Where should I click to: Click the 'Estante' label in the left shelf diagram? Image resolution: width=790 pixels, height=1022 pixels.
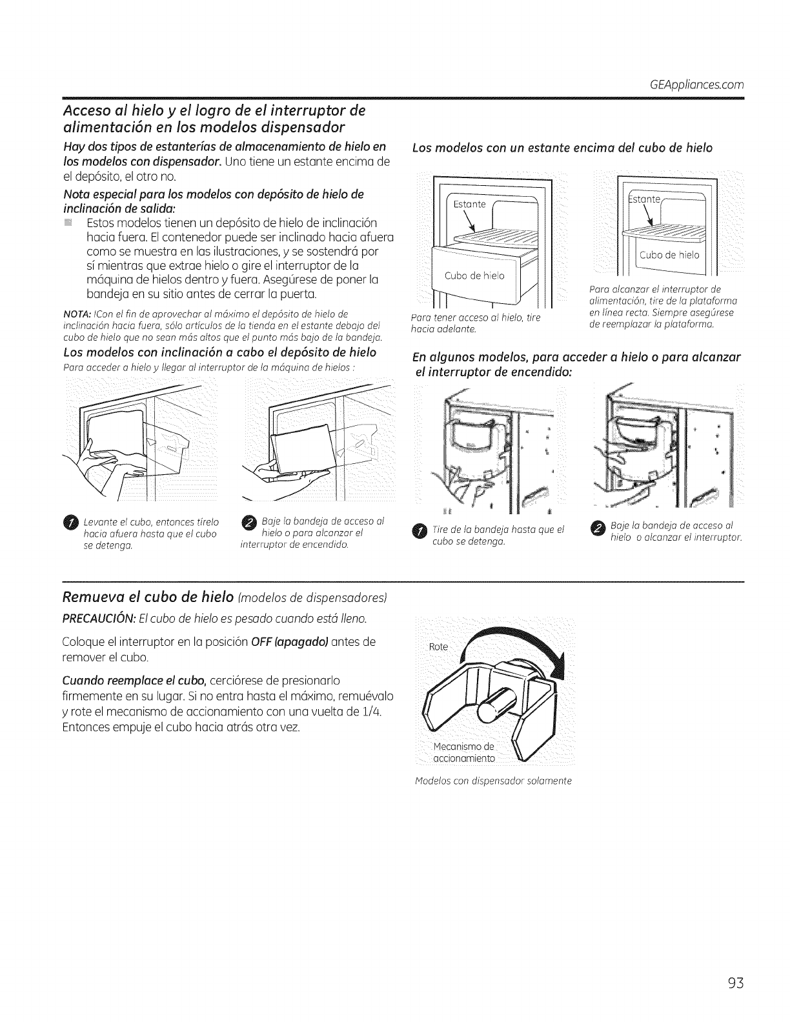469,205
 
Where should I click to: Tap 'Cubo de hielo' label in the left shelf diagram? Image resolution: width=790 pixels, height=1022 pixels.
476,277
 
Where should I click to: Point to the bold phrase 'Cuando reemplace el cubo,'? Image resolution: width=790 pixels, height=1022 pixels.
118,681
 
